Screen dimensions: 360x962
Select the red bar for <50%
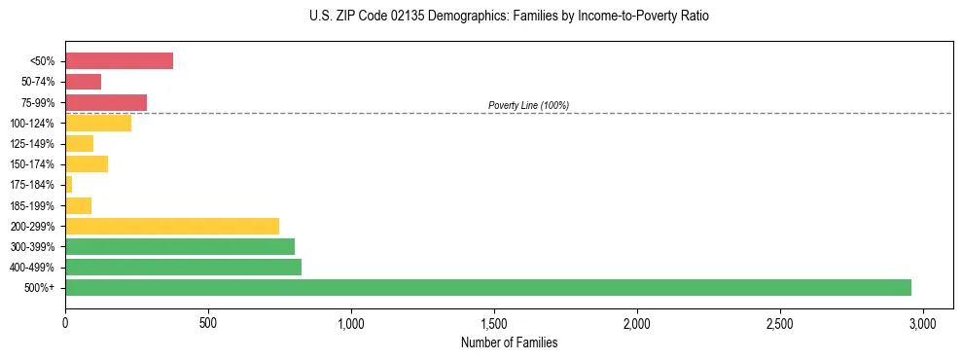[x=119, y=61]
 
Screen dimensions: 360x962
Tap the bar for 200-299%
[x=172, y=226]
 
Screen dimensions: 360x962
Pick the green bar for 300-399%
[x=180, y=246]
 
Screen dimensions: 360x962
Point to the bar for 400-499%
[x=183, y=267]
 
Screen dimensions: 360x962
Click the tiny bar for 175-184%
[x=69, y=185]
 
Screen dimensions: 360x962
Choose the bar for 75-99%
[x=106, y=102]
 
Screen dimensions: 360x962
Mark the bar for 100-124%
[x=98, y=123]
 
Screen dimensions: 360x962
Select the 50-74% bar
[x=83, y=82]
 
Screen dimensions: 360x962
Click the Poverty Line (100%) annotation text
[x=528, y=105]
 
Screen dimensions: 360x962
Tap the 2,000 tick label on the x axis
[x=637, y=322]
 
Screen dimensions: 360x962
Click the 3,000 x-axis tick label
[x=923, y=322]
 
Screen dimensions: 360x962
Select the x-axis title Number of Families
[x=509, y=342]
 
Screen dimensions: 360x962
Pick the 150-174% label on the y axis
[x=32, y=164]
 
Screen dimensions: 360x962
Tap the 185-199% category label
[x=32, y=205]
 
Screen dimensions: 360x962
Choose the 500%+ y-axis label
[x=39, y=288]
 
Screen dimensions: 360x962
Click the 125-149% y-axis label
[x=32, y=144]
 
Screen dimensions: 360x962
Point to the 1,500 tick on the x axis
[x=494, y=322]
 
